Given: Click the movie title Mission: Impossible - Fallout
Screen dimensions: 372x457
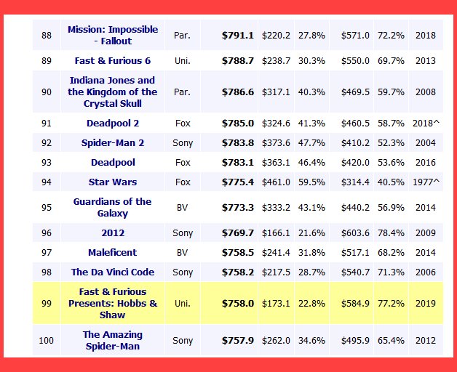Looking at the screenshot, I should tap(112, 35).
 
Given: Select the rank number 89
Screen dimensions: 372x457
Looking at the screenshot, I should tap(47, 60).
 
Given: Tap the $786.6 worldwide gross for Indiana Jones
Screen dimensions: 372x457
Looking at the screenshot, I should tap(238, 92).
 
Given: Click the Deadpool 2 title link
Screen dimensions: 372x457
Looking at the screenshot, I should tap(112, 124).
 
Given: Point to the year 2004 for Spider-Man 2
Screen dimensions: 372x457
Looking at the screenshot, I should tap(426, 143).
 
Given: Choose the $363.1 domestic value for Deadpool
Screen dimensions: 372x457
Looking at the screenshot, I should tap(276, 163).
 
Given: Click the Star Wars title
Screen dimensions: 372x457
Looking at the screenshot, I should tap(112, 182).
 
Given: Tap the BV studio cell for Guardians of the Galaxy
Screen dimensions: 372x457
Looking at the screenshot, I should tap(182, 208).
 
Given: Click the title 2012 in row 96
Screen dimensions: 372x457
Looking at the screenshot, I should tap(112, 233).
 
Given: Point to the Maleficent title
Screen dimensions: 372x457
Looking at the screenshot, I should tap(112, 253).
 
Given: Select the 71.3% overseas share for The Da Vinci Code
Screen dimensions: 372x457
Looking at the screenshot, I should tap(391, 272).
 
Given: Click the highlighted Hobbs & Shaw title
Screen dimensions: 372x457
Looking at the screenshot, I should tap(112, 304).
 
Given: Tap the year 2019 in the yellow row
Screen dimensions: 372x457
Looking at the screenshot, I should tap(426, 304).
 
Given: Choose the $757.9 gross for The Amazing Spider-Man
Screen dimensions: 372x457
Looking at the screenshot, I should tap(238, 341).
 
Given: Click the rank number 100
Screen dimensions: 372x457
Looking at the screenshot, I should tap(47, 341).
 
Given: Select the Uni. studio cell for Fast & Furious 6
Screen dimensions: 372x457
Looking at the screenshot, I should tap(182, 60).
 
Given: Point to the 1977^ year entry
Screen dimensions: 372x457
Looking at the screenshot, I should tap(427, 182).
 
